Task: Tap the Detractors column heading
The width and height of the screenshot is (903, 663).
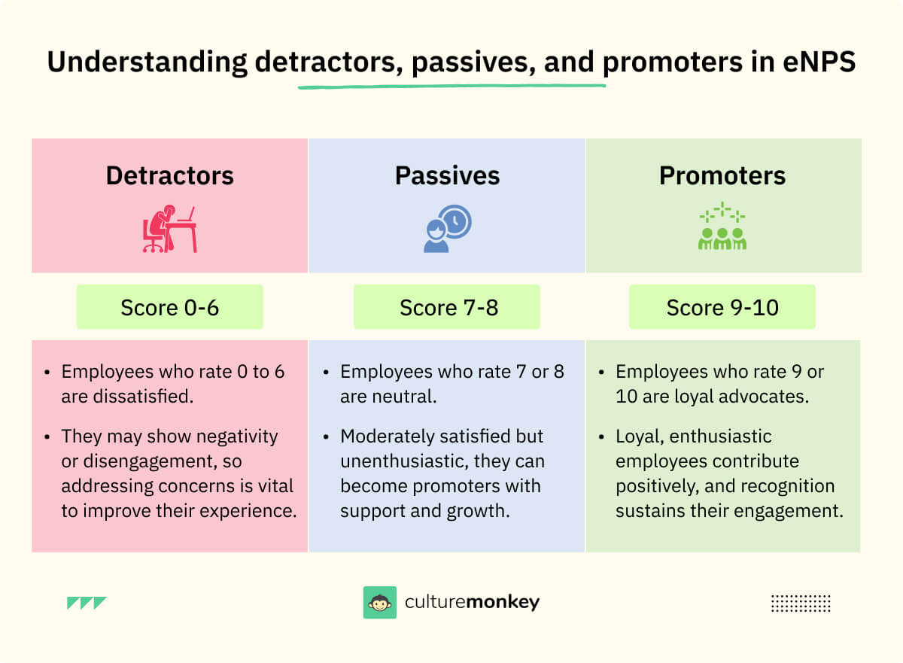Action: coord(169,175)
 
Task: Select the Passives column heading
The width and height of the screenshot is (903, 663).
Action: coord(447,175)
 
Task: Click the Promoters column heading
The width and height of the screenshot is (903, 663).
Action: coord(722,175)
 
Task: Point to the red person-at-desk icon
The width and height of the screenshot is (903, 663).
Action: coord(169,229)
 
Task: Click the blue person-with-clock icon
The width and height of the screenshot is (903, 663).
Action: coord(447,229)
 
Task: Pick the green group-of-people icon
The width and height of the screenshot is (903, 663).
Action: coord(722,227)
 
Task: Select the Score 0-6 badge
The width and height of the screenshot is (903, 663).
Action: coord(169,307)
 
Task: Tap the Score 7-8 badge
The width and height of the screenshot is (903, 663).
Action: coord(447,307)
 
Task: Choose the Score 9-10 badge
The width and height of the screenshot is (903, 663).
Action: coord(722,307)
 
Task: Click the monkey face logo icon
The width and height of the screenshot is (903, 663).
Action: coord(379,603)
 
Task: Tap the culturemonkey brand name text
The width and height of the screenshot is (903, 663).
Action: coord(472,603)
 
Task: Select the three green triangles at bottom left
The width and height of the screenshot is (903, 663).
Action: coord(87,603)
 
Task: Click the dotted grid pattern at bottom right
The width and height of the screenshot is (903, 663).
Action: coord(801,603)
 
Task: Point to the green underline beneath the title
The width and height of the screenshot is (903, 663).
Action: coord(451,86)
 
